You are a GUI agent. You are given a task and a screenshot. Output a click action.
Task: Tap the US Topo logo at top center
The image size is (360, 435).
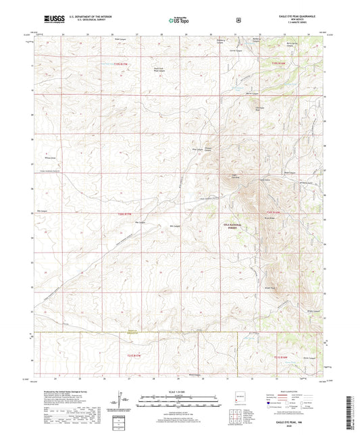tap(178, 20)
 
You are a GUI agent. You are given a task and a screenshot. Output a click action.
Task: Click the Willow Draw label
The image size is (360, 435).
tap(49, 158)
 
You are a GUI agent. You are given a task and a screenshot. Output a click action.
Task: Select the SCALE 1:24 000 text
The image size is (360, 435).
tap(179, 392)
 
